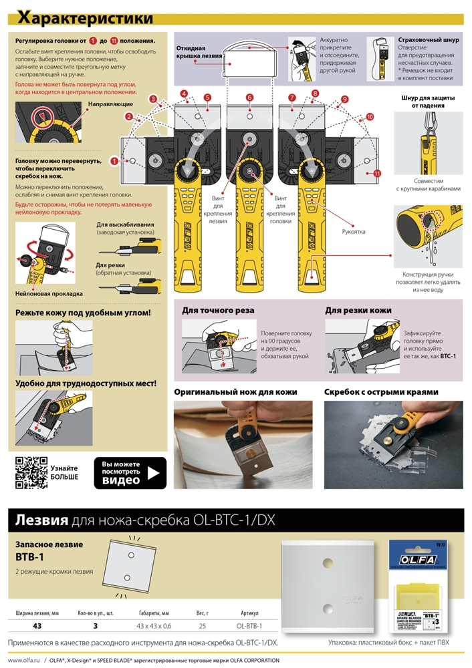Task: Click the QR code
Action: point(30,472)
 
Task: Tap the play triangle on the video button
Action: point(154,473)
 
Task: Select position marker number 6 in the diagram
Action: point(249,98)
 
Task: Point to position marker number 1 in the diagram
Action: point(115,161)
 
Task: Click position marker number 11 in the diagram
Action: point(377,173)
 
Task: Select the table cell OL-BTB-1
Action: point(249,626)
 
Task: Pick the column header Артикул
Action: point(249,613)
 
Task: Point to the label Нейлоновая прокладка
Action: point(49,293)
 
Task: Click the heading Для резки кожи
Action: point(358,311)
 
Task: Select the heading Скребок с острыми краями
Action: point(381,392)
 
